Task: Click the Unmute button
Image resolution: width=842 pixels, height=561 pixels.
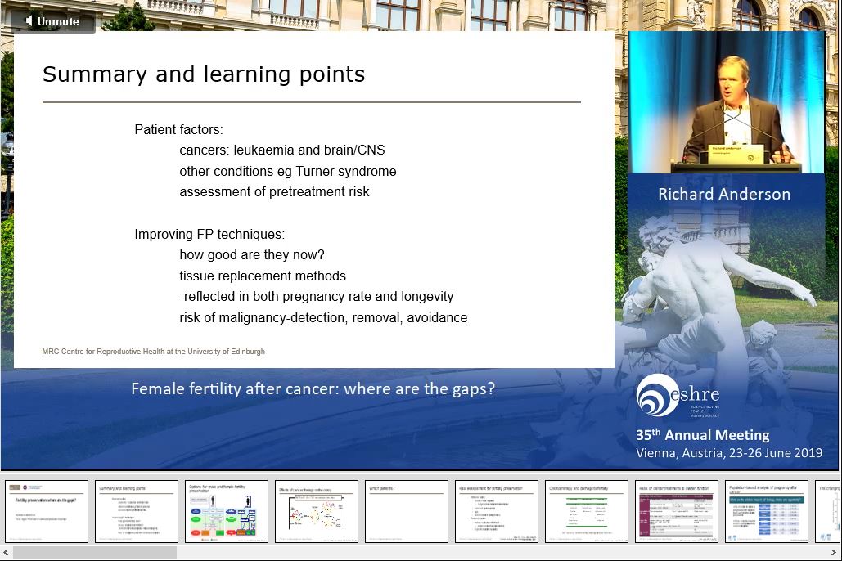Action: click(x=52, y=21)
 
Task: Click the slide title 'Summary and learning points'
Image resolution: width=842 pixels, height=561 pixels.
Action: click(x=204, y=74)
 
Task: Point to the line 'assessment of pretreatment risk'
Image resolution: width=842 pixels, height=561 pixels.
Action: click(x=274, y=192)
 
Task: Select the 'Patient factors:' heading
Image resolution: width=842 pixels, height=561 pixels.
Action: click(x=178, y=130)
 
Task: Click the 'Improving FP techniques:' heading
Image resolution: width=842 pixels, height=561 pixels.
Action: click(x=209, y=235)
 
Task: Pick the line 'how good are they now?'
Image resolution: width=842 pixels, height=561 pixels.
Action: click(x=252, y=255)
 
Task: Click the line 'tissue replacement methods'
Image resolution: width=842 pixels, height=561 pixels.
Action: click(x=263, y=276)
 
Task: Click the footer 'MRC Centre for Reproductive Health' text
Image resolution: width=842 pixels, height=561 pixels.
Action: click(x=153, y=352)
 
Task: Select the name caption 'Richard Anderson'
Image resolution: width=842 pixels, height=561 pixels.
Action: click(x=724, y=195)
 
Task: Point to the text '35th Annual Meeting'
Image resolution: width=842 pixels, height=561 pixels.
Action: click(x=702, y=435)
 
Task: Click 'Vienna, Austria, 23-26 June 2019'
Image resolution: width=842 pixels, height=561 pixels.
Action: click(x=728, y=453)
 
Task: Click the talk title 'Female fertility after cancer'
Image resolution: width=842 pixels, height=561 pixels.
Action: click(x=313, y=389)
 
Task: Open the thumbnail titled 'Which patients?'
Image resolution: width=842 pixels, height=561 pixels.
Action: click(x=407, y=511)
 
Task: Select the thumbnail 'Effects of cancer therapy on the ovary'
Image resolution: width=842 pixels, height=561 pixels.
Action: click(x=317, y=511)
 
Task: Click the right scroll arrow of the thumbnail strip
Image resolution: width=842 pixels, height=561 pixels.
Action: click(x=834, y=553)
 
